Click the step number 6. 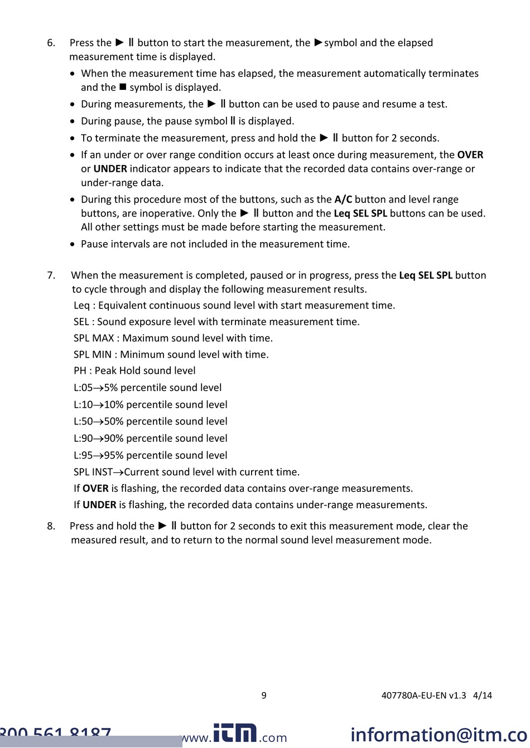[51, 43]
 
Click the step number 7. [51, 275]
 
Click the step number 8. [51, 526]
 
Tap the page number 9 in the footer [264, 695]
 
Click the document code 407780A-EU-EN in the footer [423, 695]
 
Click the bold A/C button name [343, 199]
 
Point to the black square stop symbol [123, 87]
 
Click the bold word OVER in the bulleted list [470, 155]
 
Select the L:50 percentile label [83, 421]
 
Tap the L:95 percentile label [83, 455]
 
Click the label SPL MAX [94, 338]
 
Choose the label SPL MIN [93, 354]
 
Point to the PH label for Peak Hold [80, 370]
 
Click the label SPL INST [93, 472]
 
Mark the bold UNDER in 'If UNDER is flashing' [99, 505]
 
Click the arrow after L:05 [98, 388]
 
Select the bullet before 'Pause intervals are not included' [73, 244]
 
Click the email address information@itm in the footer [439, 734]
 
